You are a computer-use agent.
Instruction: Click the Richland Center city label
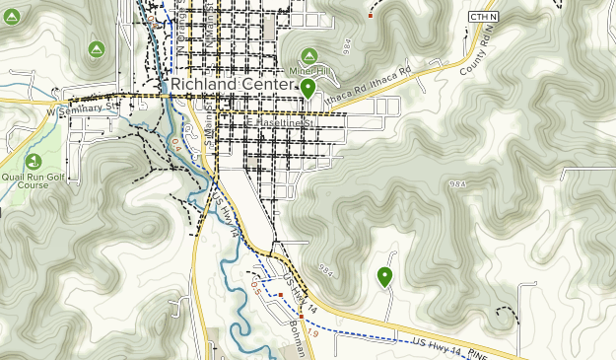tap(233, 85)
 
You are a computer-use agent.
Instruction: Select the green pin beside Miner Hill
tap(308, 90)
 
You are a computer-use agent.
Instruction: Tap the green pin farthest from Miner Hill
tap(384, 277)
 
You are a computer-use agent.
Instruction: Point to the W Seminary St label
tap(82, 112)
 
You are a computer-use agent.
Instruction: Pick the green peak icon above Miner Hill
tap(308, 55)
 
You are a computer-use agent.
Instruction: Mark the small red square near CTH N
tap(371, 15)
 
